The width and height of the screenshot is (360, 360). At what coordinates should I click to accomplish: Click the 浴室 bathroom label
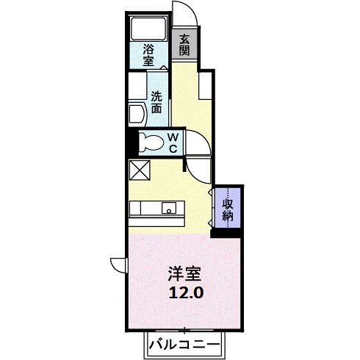click(x=149, y=56)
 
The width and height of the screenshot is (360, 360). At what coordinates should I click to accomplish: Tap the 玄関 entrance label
click(x=184, y=45)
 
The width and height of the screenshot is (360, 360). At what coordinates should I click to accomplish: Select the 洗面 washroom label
click(x=157, y=101)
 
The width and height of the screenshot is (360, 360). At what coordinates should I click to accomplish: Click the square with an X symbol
click(x=139, y=170)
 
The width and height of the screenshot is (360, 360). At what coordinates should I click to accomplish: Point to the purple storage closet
click(x=228, y=207)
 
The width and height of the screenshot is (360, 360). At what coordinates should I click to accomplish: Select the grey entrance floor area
click(x=184, y=45)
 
